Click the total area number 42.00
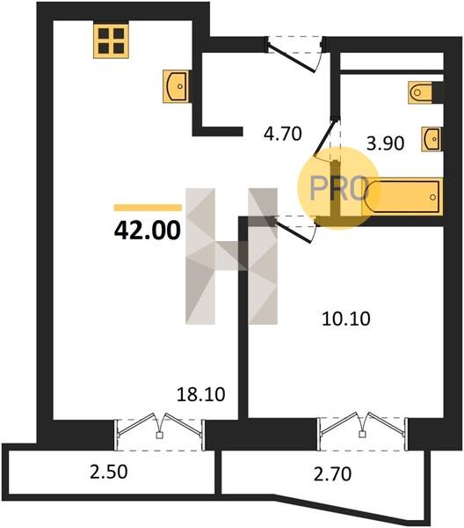(148, 231)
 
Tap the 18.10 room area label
(200, 394)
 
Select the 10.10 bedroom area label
(346, 319)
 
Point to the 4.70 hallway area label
(283, 134)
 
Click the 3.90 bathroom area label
(385, 143)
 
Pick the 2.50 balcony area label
(109, 472)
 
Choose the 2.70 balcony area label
(332, 473)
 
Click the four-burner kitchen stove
(111, 40)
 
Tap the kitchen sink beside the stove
(176, 86)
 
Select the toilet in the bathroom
(421, 92)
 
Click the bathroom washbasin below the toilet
(431, 138)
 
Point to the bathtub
(402, 196)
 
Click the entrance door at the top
(294, 54)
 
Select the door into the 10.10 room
(294, 229)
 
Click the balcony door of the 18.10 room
(159, 431)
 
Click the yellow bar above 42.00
(148, 208)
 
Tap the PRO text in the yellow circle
(337, 188)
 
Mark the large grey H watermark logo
(232, 256)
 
